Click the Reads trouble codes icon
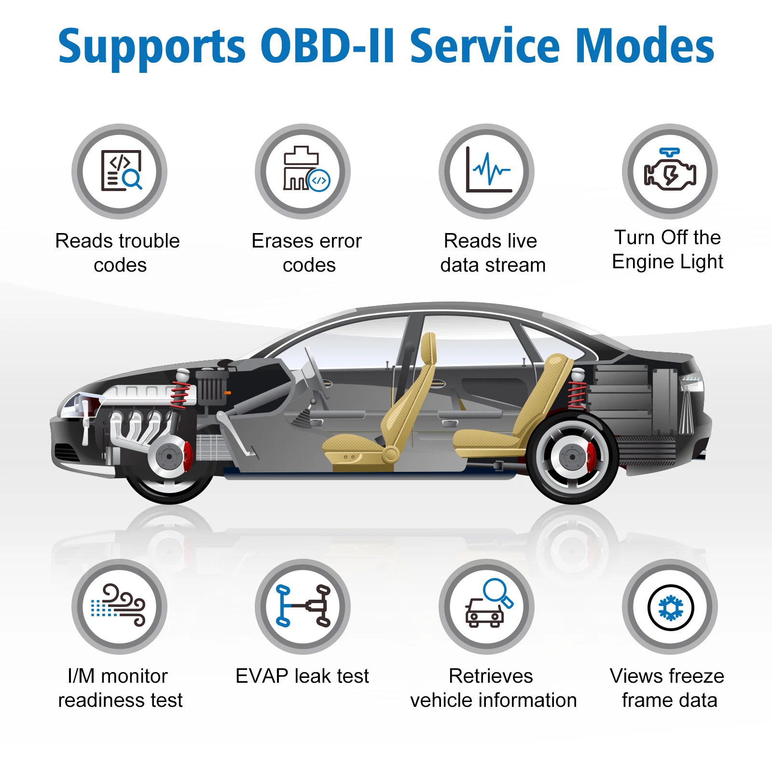click(120, 171)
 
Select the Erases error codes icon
click(303, 171)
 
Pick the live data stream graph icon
click(486, 171)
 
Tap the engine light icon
click(670, 171)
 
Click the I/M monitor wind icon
click(120, 607)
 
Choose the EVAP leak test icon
click(303, 607)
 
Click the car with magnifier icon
click(486, 607)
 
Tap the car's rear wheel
click(572, 457)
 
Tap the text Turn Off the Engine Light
click(667, 249)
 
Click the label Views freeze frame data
click(667, 688)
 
